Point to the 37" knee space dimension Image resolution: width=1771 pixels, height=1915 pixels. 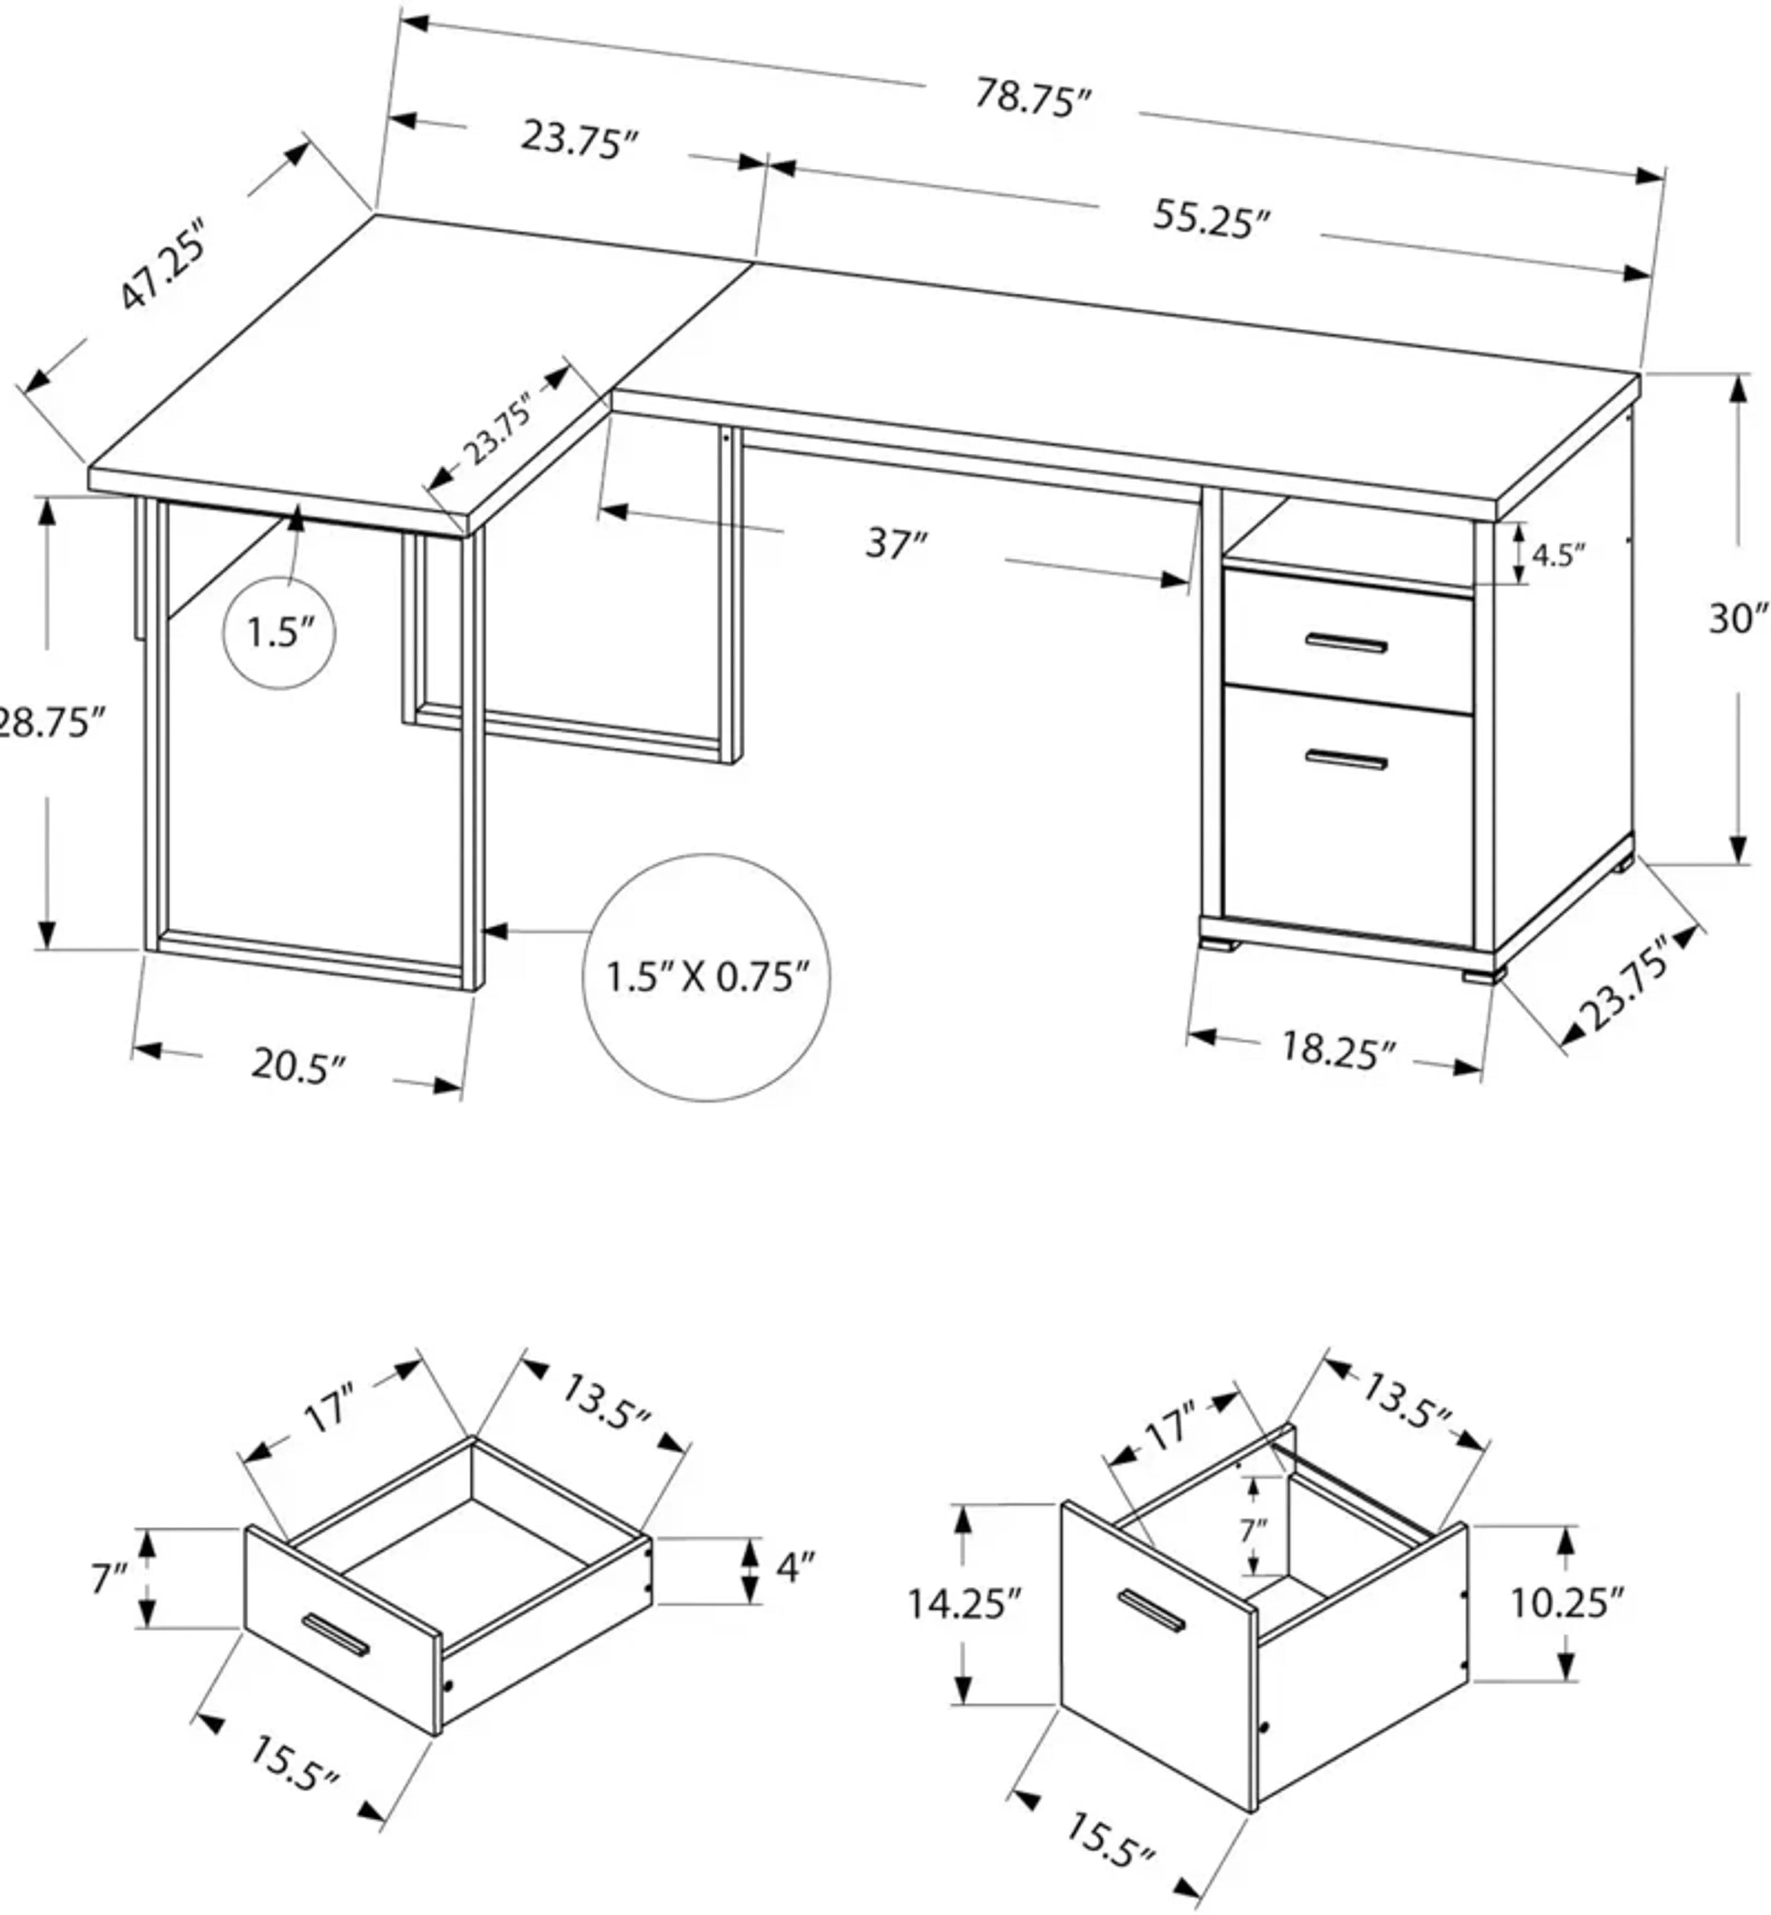pos(896,544)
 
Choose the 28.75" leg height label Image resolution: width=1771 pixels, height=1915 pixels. pos(48,722)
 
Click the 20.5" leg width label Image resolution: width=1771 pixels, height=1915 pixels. pos(297,1066)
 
